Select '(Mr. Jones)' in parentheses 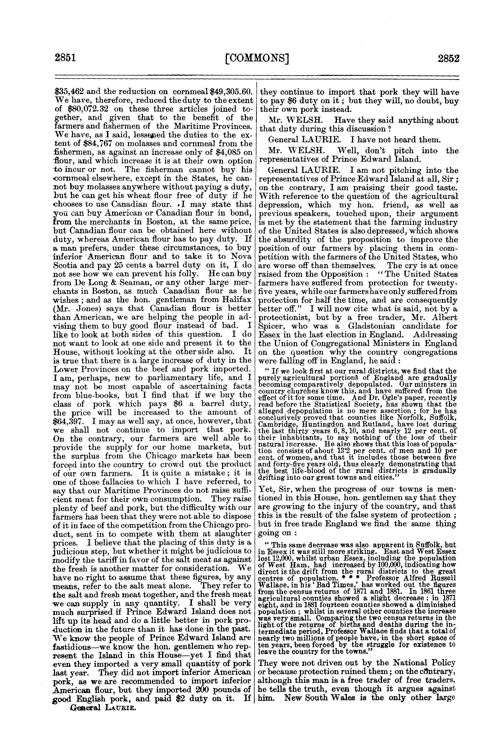(72, 308)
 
